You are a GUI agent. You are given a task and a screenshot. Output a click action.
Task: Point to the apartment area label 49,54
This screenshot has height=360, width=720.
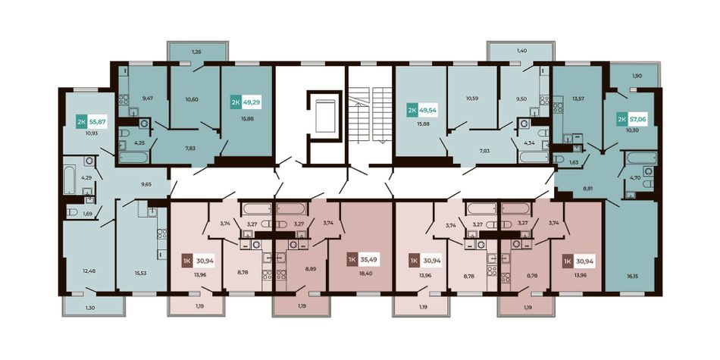point(428,111)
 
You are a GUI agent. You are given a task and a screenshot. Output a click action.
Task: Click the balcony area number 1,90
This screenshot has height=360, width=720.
point(636,77)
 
